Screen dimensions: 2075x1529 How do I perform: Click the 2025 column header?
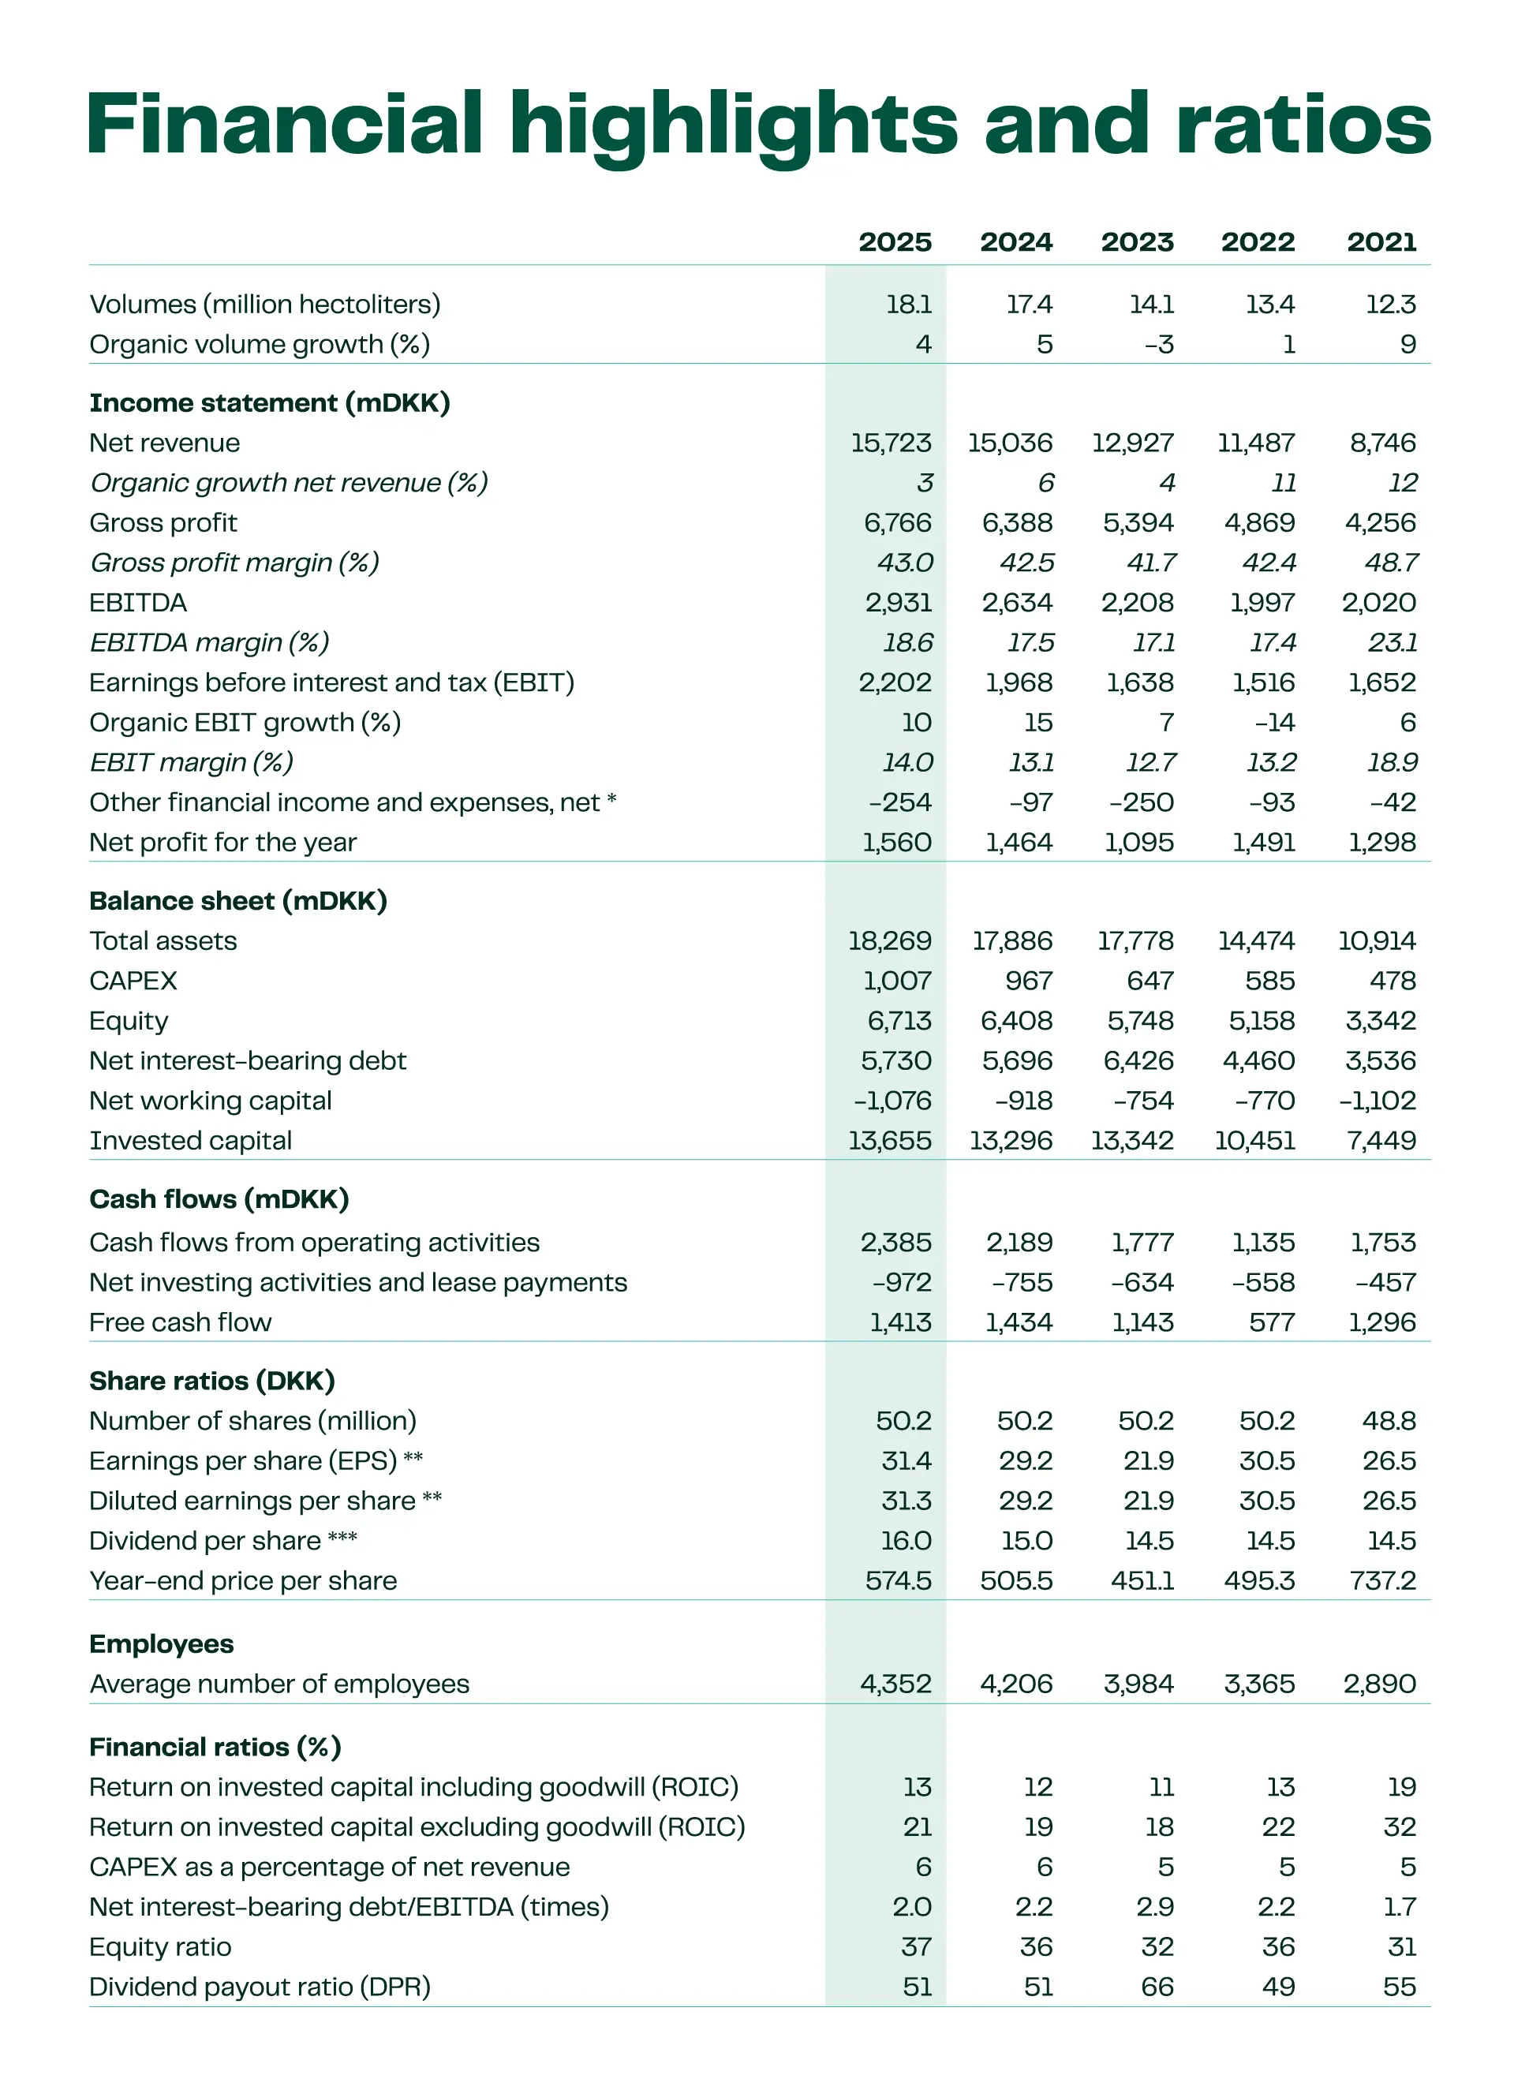(x=894, y=241)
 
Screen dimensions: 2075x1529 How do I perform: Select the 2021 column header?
(x=1381, y=241)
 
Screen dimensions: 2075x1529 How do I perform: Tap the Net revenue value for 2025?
(x=891, y=443)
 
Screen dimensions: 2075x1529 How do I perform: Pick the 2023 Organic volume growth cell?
(x=1158, y=344)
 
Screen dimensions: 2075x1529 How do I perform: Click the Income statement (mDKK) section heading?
(x=269, y=402)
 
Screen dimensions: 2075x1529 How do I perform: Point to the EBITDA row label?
(x=138, y=603)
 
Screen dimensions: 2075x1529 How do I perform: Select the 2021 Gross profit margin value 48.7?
(x=1391, y=563)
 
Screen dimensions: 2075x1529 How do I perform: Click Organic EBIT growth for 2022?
(x=1274, y=722)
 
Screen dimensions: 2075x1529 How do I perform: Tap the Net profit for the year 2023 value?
(x=1138, y=842)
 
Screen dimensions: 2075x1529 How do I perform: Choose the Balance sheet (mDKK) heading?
(x=237, y=900)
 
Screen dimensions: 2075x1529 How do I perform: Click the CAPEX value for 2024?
(x=1028, y=980)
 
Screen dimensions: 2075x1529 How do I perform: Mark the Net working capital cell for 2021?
(x=1378, y=1101)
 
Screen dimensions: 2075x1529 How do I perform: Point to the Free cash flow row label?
(x=181, y=1322)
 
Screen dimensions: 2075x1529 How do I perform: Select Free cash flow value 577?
(x=1272, y=1322)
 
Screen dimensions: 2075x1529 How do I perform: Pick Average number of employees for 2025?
(x=895, y=1684)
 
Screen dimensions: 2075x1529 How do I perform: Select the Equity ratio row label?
(x=160, y=1946)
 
